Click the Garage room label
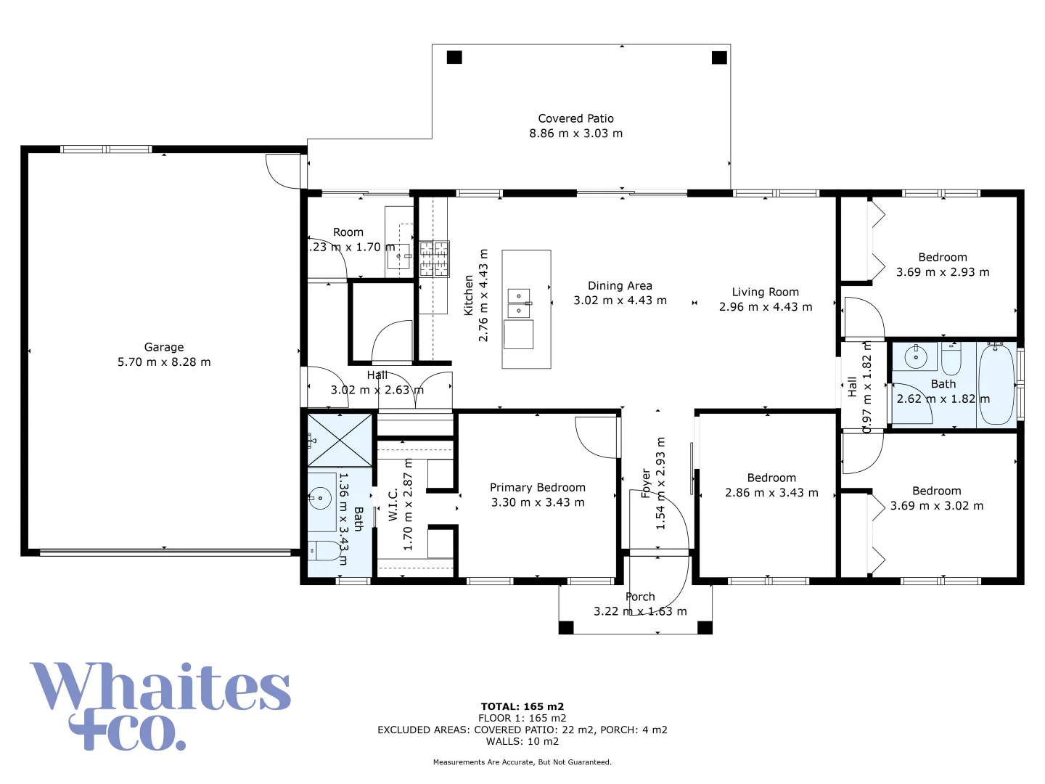tap(164, 347)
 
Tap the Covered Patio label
tap(575, 118)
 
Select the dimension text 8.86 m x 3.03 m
tap(575, 134)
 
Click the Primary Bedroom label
tap(537, 488)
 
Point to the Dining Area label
tap(620, 286)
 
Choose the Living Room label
tap(765, 292)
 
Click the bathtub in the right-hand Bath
tap(996, 384)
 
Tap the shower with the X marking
tap(340, 440)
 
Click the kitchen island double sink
tap(519, 303)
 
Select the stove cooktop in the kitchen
tap(434, 259)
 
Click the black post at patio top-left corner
tap(454, 57)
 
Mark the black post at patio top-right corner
tap(719, 57)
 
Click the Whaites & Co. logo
tap(160, 705)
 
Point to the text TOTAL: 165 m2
tap(522, 706)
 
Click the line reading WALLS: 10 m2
tap(522, 741)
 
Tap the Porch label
tap(640, 597)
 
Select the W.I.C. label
tap(393, 504)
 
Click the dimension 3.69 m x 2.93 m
tap(942, 272)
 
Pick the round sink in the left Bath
tap(319, 499)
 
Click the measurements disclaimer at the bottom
tap(522, 762)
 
